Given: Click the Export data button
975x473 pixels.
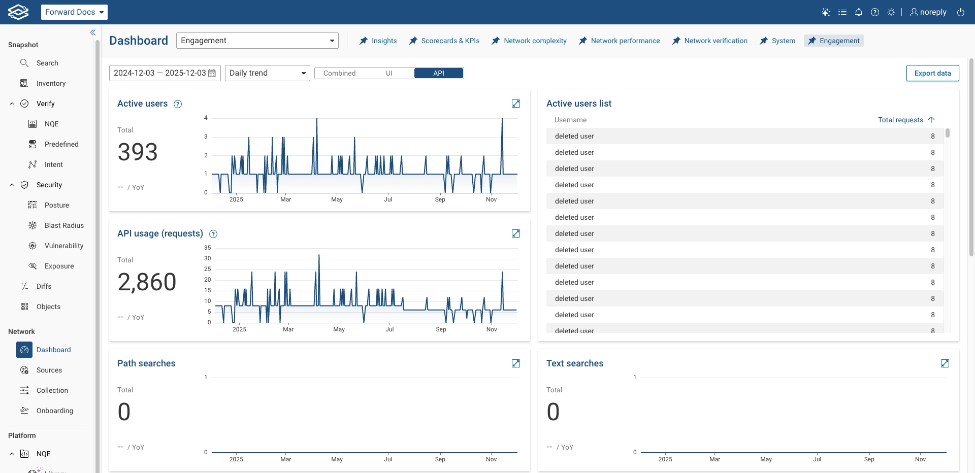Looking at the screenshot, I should click(x=932, y=73).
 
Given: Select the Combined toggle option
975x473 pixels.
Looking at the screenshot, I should click(x=339, y=73).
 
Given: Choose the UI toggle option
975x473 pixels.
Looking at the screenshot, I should click(x=389, y=73).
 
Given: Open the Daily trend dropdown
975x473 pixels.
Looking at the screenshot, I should click(x=267, y=73).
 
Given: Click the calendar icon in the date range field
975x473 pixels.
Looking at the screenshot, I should click(x=212, y=73).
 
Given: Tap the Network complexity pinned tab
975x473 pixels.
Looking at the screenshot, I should click(x=529, y=41).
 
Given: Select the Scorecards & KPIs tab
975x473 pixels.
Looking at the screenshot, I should click(x=444, y=41).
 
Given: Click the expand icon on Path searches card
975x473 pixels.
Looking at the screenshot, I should click(x=516, y=363).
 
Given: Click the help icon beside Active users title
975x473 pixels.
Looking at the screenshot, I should click(x=178, y=104).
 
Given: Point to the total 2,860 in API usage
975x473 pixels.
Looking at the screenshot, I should click(x=147, y=282).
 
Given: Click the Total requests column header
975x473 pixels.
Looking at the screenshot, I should click(x=900, y=120).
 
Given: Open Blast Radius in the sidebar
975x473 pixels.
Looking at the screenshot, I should click(x=64, y=225).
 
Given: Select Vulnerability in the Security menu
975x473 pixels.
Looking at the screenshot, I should click(x=64, y=246).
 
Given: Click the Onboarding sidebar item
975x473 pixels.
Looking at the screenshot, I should click(x=55, y=411).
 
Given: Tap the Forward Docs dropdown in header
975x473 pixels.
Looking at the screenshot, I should click(x=74, y=12).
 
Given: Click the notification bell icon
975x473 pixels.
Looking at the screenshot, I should click(x=859, y=12).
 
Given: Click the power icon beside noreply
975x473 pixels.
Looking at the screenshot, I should click(x=961, y=12).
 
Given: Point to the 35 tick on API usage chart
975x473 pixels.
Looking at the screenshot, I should click(x=207, y=248).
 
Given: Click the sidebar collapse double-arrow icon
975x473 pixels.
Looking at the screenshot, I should click(x=93, y=32).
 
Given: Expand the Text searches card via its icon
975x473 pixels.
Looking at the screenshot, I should click(x=945, y=363).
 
